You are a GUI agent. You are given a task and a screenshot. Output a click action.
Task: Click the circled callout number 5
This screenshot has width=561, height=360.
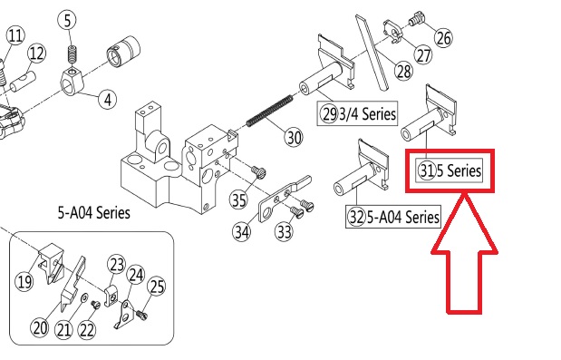(x=68, y=20)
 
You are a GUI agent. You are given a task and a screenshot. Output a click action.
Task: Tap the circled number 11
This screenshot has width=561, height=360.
(x=15, y=35)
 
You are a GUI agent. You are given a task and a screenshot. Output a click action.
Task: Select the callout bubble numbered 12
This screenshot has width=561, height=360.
(x=37, y=54)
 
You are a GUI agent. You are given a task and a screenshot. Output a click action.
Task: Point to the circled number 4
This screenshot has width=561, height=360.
(x=108, y=99)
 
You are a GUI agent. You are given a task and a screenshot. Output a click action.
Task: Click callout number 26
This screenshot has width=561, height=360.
(x=444, y=37)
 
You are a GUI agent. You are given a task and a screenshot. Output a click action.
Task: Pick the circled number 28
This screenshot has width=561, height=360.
(x=403, y=71)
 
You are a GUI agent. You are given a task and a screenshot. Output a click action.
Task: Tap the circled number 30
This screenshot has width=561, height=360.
(x=294, y=137)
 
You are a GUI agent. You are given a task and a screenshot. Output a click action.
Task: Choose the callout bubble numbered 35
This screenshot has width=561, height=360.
(x=238, y=199)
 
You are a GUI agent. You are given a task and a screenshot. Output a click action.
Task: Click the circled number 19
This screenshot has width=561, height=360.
(x=24, y=282)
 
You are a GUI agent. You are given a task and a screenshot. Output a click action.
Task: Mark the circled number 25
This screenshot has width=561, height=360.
(x=157, y=286)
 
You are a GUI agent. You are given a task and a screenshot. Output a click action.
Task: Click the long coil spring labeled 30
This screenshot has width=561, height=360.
(x=269, y=111)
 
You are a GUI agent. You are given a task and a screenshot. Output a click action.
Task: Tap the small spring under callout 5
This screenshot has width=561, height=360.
(x=73, y=55)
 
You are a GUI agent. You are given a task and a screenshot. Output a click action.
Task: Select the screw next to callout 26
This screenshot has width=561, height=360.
(x=415, y=19)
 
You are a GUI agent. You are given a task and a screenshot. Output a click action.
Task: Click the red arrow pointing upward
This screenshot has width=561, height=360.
(x=464, y=253)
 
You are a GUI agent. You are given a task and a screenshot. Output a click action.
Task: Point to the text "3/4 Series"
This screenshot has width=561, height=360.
(x=367, y=113)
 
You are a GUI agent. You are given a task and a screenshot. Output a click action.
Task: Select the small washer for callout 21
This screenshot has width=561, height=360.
(x=85, y=297)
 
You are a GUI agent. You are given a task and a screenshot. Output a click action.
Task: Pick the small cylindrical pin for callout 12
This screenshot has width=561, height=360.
(x=24, y=82)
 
